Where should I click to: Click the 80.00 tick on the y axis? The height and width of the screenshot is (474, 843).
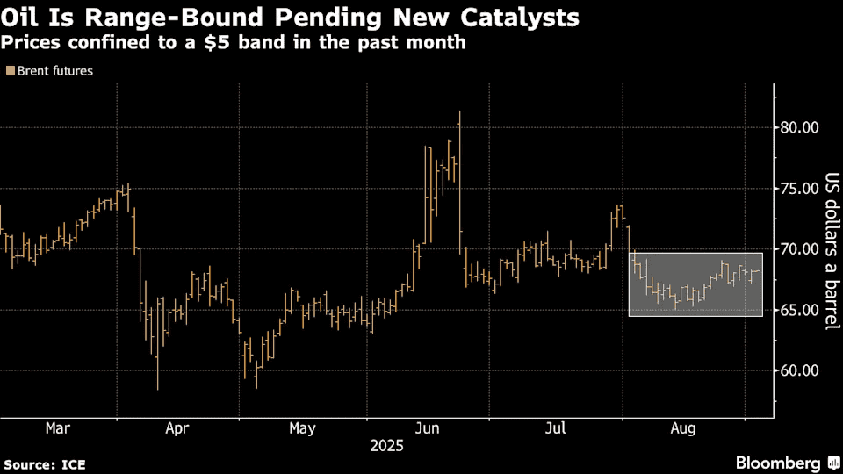point(800,128)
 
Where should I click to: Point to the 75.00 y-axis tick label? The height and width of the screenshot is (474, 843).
point(800,189)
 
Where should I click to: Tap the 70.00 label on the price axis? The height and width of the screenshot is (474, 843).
point(800,249)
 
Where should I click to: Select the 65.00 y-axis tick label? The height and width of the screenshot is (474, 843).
point(800,310)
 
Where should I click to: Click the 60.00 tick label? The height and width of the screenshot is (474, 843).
point(800,370)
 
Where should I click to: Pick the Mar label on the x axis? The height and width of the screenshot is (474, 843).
point(57,428)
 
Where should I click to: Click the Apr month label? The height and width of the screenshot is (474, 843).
point(177,428)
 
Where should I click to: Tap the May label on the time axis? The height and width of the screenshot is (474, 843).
point(302,428)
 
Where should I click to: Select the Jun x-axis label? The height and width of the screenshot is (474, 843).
point(428,428)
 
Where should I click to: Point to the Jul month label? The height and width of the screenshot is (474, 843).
point(555,428)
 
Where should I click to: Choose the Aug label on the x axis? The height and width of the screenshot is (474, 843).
point(683,428)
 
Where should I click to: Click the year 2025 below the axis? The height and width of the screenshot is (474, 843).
point(385,446)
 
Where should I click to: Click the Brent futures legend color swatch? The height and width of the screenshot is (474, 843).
point(9,72)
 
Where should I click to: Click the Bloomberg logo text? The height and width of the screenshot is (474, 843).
point(778,463)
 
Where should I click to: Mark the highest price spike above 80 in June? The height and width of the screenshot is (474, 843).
point(459,112)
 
